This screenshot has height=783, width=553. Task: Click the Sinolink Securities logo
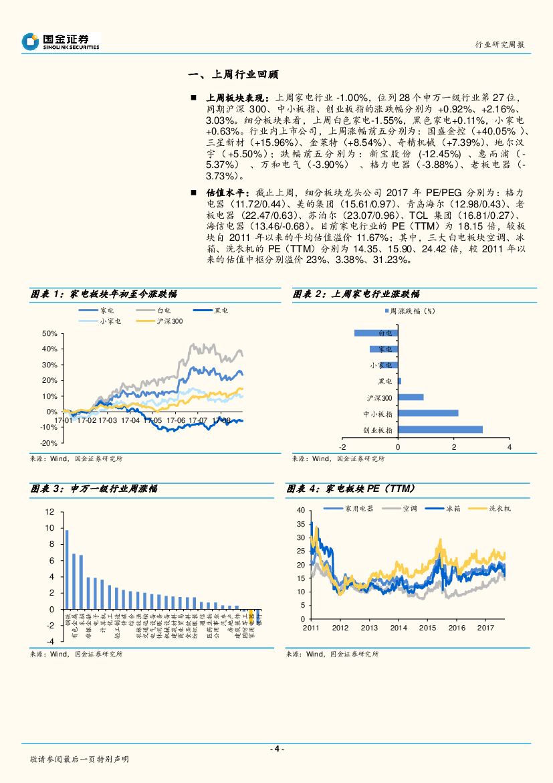pos(60,41)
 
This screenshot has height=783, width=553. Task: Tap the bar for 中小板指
pos(428,414)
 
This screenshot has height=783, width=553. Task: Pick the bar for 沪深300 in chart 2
pos(411,397)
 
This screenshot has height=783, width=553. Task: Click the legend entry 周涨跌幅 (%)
pos(409,311)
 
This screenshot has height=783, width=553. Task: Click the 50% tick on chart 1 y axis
pos(49,333)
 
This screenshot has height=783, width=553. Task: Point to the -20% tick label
pos(47,443)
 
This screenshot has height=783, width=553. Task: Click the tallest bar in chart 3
pos(67,570)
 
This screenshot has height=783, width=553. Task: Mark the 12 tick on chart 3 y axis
pos(49,512)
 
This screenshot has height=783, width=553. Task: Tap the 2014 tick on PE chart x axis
pos(399,628)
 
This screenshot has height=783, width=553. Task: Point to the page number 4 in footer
pos(277,749)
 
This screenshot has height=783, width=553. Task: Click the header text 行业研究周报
pos(500,44)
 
